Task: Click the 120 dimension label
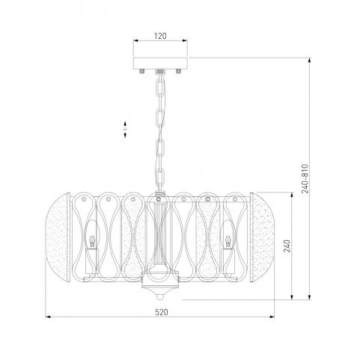[x=160, y=36]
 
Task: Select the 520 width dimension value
[x=162, y=312]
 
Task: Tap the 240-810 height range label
[x=305, y=179]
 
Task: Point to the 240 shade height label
[x=287, y=246]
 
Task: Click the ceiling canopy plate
[x=160, y=64]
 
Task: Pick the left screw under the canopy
[x=142, y=71]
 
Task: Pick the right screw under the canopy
[x=178, y=71]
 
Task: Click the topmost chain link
[x=159, y=87]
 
